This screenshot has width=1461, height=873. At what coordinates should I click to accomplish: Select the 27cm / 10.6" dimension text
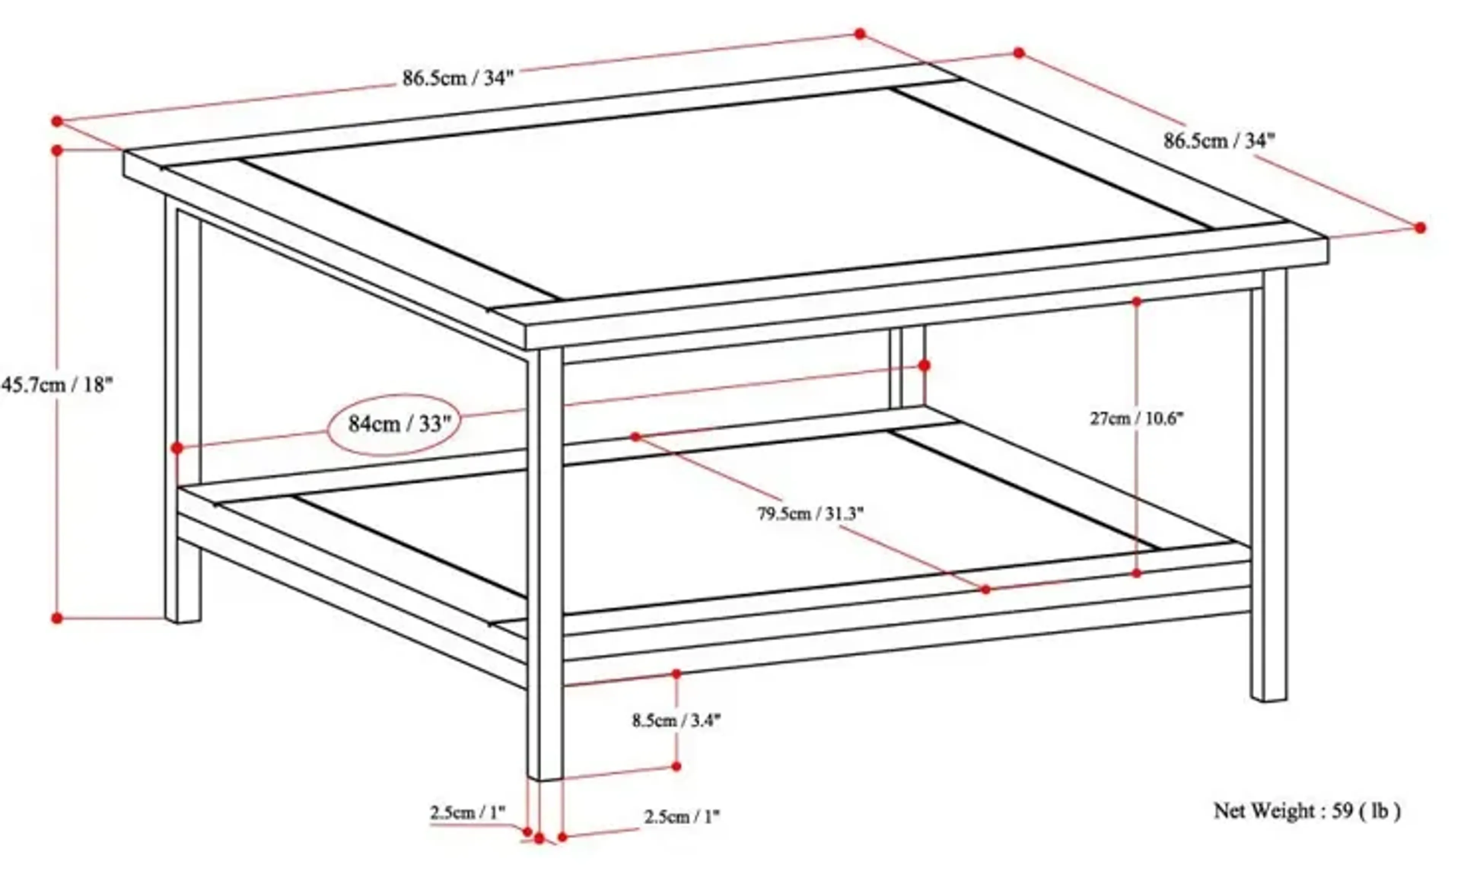coord(1136,419)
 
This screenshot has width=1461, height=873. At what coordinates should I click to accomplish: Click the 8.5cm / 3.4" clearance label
coord(676,720)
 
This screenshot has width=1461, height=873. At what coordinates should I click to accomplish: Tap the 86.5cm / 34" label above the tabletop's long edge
coord(458,78)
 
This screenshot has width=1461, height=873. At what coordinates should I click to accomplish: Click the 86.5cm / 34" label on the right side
coord(1219,141)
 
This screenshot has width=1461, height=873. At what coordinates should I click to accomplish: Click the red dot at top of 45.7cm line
coord(57,151)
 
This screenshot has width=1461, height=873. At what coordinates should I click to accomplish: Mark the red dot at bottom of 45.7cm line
coord(57,618)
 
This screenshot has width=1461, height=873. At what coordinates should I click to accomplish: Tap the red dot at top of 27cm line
coord(1136,302)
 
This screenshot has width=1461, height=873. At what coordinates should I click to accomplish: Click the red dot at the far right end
coord(1420,227)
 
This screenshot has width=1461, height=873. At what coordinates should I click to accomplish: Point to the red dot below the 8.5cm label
coord(676,766)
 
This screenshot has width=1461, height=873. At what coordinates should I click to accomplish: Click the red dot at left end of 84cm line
coord(177,448)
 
